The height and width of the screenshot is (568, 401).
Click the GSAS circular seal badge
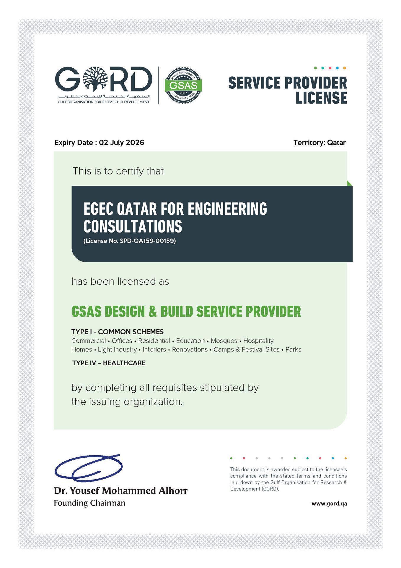pos(183,85)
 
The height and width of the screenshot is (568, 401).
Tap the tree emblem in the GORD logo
pos(95,79)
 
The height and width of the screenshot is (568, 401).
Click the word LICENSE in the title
pos(321,98)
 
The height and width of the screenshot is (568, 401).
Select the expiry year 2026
pos(135,143)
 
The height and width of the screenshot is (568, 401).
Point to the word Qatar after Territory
pos(336,143)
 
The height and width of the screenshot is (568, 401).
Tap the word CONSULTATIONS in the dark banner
pos(133,227)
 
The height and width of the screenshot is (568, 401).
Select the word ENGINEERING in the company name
pos(227,209)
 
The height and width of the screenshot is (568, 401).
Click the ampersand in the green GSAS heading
pos(152,312)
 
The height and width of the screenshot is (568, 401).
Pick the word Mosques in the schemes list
pos(224,341)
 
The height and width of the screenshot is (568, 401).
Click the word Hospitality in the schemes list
pos(258,341)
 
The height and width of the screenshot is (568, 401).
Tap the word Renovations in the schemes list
pos(190,350)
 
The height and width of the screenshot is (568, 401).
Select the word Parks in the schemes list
pos(293,350)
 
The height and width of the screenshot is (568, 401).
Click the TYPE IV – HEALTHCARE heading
pos(109,363)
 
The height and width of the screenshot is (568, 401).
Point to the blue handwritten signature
pos(89,467)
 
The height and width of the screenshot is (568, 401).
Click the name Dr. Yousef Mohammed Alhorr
pos(120,491)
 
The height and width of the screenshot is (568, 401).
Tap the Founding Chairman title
pos(89,503)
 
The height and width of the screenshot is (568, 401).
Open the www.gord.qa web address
pos(329,504)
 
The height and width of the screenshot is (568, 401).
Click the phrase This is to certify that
pos(118,171)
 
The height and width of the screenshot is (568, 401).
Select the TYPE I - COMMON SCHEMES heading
pos(117,332)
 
